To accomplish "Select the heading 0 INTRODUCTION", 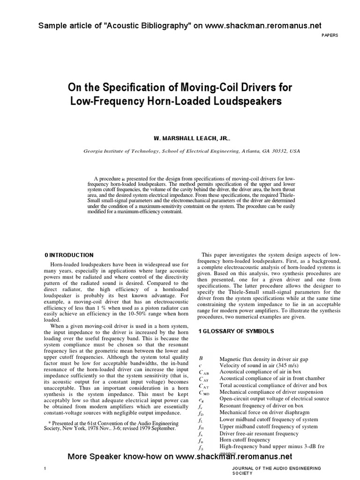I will pos(69,255).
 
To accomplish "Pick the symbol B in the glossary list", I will pos(201,358).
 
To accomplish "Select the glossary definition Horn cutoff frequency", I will pos(245,440).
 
